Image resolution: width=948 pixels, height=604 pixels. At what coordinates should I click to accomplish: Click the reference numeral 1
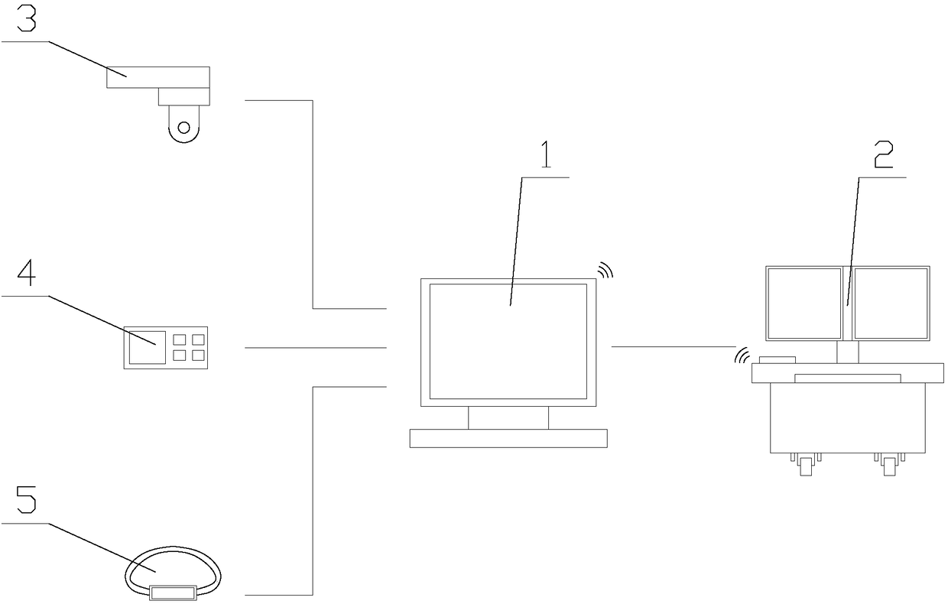point(546,156)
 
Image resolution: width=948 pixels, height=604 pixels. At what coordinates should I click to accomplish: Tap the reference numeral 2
point(882,156)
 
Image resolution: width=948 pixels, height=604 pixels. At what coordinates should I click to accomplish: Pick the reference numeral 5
point(26,502)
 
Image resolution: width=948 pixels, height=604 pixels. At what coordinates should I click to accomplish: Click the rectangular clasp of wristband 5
point(173,591)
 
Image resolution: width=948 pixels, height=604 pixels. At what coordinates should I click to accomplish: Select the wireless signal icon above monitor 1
point(605,269)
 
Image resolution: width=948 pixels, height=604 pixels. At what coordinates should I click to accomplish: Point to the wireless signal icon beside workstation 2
point(741,356)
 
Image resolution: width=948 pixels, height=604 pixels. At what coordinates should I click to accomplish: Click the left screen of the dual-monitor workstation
point(804,303)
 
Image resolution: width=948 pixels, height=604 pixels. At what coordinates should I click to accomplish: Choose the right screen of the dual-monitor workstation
point(891,303)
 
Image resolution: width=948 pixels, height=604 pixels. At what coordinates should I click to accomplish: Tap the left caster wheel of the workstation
point(806,464)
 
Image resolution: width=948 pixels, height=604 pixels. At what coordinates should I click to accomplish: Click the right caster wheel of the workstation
point(889,464)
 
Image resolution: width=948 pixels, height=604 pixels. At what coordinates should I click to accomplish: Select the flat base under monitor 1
point(508,438)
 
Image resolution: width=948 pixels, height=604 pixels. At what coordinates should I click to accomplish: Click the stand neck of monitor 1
point(508,417)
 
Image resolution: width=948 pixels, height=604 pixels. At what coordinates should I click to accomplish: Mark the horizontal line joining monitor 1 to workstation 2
point(673,346)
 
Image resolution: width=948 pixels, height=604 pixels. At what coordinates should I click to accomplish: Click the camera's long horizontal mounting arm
point(157,77)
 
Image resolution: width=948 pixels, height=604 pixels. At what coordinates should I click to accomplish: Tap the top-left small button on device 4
point(181,338)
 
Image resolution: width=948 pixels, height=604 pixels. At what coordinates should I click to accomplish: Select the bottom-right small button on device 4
point(198,355)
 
